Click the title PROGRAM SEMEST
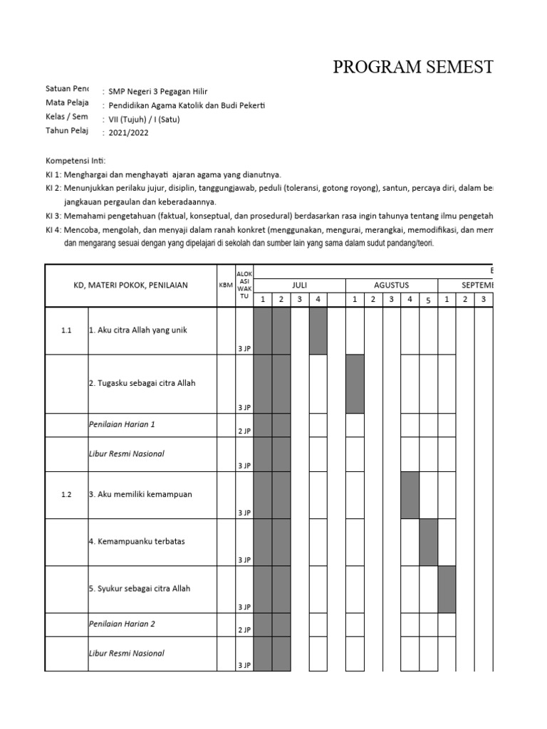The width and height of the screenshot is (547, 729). (413, 68)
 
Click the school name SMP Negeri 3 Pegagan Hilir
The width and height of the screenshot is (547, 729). (159, 91)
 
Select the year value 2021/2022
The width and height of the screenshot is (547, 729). (129, 132)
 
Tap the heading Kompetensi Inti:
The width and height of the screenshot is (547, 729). (75, 161)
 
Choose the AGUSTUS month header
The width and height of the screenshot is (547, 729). (392, 285)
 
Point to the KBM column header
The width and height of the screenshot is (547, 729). (226, 285)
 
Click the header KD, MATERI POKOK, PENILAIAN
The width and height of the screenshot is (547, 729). (131, 285)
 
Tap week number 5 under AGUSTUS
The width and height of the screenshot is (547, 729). (429, 299)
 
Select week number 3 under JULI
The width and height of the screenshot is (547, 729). (299, 299)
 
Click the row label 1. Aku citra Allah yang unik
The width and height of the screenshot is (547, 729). (138, 330)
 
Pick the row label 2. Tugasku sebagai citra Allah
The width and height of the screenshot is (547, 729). (142, 383)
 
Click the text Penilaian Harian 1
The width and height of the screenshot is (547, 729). (122, 424)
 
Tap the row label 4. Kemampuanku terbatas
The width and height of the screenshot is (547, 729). (137, 541)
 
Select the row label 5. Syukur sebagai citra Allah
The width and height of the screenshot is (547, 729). (140, 589)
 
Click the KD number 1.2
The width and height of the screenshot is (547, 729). (66, 495)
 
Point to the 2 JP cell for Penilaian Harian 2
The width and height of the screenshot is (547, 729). (244, 630)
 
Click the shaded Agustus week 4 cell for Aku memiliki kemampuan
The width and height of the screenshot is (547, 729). (410, 495)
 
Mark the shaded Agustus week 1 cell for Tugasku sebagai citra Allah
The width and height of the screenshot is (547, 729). (355, 384)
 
